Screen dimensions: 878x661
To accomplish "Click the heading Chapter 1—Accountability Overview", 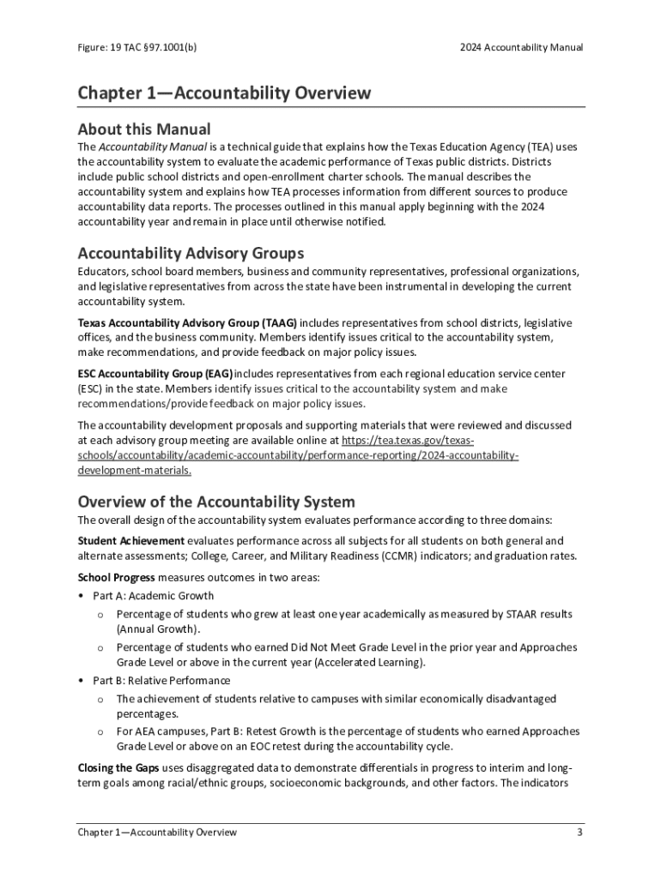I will coord(224,93).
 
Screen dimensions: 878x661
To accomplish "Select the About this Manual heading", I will coord(143,129).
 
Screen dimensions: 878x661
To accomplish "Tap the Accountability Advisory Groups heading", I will coord(191,253).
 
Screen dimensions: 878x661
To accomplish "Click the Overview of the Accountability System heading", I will coord(216,502).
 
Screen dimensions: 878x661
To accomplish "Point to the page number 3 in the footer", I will coord(580,832).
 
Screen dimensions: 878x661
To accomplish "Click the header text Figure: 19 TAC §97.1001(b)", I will coord(133,47).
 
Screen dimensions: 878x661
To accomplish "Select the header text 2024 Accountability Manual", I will coord(521,47).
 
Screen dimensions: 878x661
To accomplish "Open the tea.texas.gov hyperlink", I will coord(298,455).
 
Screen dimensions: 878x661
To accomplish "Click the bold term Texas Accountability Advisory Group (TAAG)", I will coord(187,322).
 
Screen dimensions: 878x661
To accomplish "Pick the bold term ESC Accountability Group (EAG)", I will coord(155,374).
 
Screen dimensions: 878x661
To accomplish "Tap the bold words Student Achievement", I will coord(130,540).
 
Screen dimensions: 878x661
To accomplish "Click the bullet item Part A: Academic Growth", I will coord(154,596).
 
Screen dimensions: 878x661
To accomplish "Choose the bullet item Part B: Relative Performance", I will coord(161,680).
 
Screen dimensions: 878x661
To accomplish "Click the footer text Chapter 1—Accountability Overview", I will coord(157,832).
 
